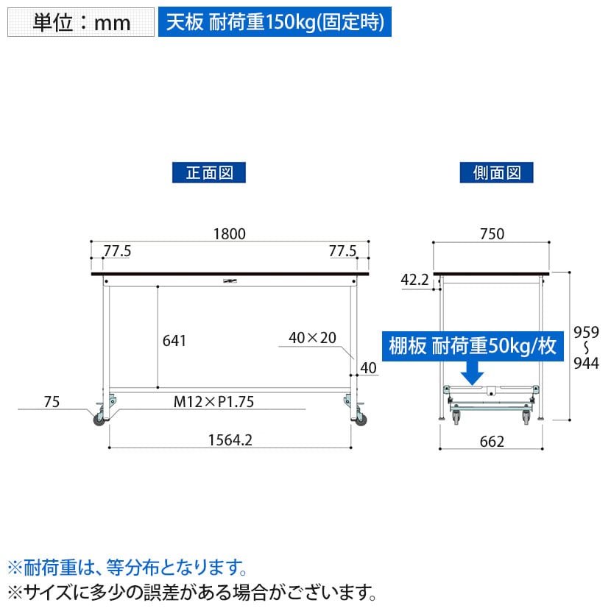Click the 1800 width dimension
pos(230,234)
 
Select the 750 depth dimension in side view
pos(492,234)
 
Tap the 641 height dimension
pos(174,341)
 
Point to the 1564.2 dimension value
pos(230,440)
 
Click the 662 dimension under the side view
pos(492,442)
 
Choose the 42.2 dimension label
pos(414,280)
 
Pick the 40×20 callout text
pos(313,338)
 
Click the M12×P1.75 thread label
pos(213,402)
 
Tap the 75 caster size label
pos(52,402)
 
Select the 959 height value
pos(586,333)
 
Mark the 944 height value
pos(586,363)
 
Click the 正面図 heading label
pos(209,172)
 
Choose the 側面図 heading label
pos(496,172)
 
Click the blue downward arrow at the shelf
pos(473,373)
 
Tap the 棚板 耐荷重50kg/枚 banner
pos(473,346)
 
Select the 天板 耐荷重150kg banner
pos(275,22)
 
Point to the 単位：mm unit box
pos(81,22)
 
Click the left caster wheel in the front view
pos(99,420)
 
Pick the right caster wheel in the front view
pos(361,420)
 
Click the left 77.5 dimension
pos(117,251)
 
